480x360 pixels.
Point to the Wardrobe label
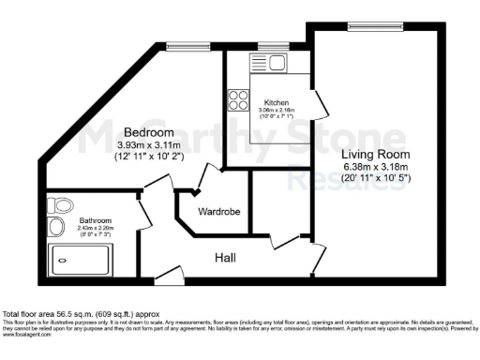[218, 212]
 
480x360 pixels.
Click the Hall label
[225, 256]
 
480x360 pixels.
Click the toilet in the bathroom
[62, 204]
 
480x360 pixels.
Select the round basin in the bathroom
[56, 226]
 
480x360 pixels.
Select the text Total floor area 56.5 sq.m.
[66, 312]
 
